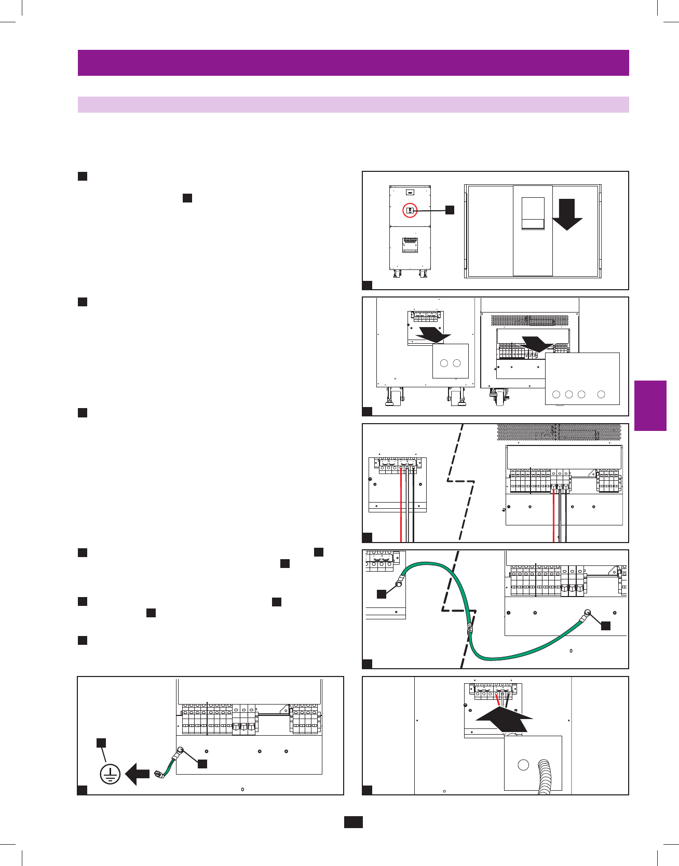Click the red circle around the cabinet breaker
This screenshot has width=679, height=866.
tap(410, 210)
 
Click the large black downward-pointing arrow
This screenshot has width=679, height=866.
tap(567, 214)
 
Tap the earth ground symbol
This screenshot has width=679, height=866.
tap(110, 775)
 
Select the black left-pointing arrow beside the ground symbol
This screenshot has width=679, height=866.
tap(138, 774)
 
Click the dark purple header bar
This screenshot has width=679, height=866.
tap(353, 63)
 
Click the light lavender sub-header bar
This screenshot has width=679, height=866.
tap(353, 104)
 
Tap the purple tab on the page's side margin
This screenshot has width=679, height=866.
tap(650, 405)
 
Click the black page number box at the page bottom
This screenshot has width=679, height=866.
tap(353, 822)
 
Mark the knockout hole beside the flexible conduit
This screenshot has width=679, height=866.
tap(523, 764)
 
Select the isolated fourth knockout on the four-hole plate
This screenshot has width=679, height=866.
tap(601, 395)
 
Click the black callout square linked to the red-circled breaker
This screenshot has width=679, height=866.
tap(450, 210)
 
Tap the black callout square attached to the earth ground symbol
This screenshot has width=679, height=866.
tap(101, 742)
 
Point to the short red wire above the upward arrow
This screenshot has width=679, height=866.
tap(498, 700)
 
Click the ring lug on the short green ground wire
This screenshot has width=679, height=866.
tap(180, 750)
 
